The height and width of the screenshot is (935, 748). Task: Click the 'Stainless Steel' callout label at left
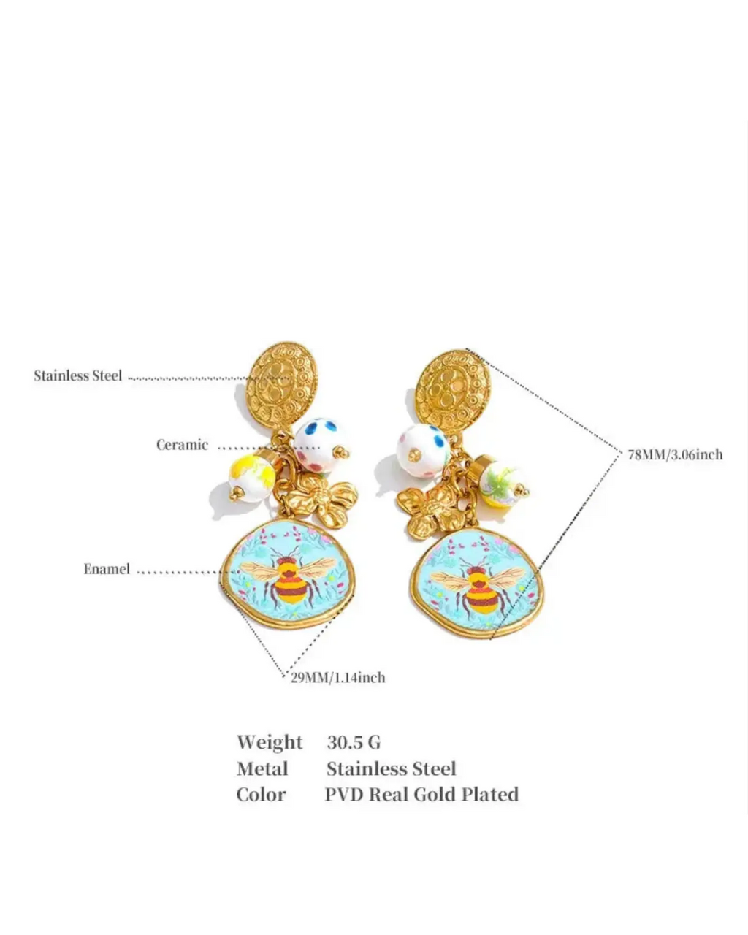(78, 375)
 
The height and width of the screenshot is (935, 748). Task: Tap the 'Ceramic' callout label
(182, 445)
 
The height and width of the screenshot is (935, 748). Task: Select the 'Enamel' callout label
(107, 569)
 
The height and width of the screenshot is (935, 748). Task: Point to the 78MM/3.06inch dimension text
(676, 455)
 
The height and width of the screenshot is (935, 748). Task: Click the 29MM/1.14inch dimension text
(337, 678)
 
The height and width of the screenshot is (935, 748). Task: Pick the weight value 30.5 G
(354, 743)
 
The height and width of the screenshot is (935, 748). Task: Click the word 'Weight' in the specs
(270, 743)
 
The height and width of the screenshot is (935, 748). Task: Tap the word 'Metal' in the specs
(262, 769)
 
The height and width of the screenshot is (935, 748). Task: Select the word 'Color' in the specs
(262, 795)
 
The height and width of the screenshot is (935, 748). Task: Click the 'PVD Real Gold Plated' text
(421, 795)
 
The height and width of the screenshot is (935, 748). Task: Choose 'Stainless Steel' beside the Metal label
(392, 769)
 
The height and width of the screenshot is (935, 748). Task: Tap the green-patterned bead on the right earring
(502, 482)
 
